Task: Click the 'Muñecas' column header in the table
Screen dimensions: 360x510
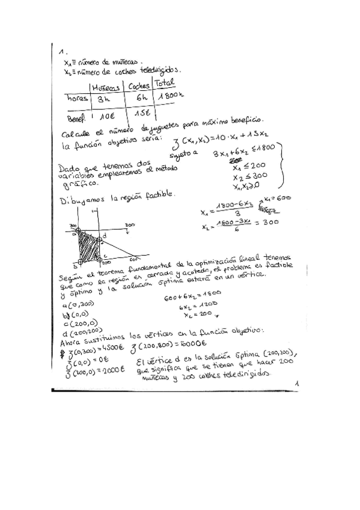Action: coord(106,87)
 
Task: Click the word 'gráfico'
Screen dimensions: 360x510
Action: coord(78,186)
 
